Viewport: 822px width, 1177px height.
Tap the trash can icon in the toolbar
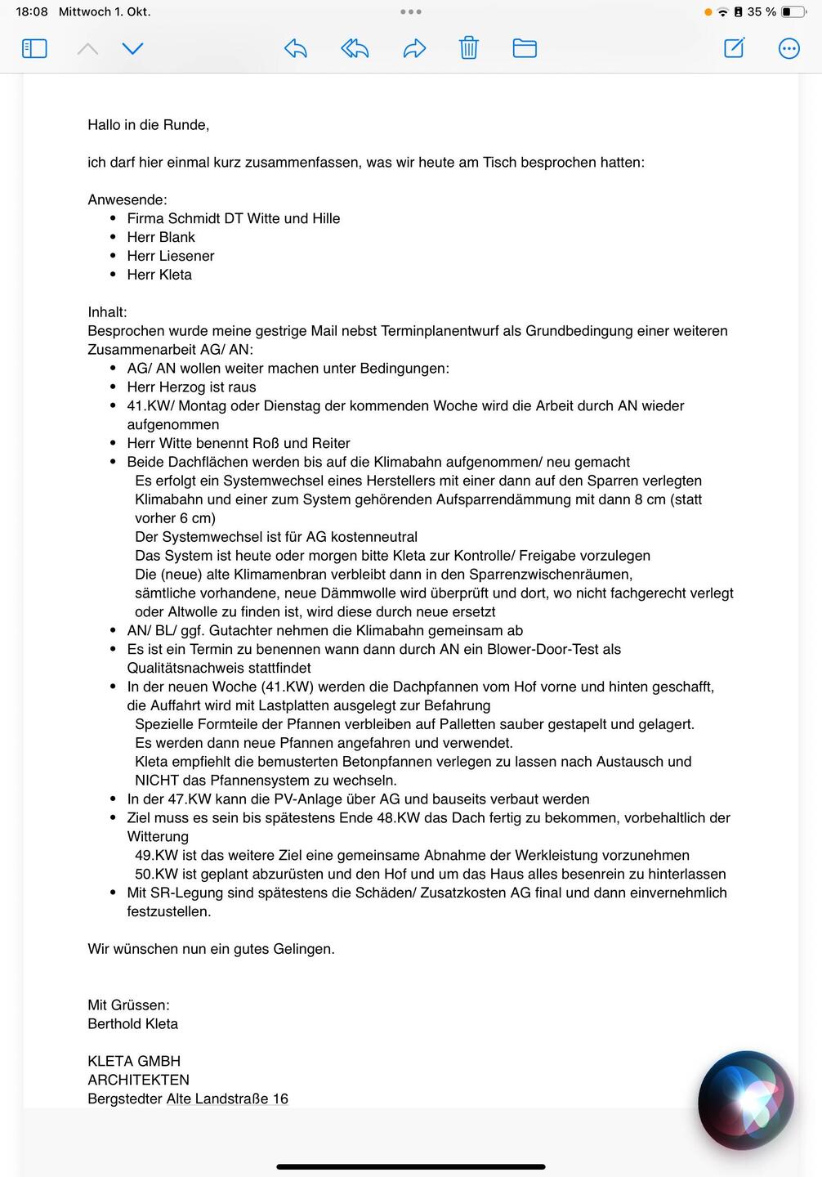pos(468,48)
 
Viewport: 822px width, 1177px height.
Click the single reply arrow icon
pos(296,48)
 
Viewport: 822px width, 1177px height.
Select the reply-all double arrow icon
pos(355,48)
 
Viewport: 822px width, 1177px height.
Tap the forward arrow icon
pos(415,48)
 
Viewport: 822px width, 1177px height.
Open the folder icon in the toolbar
pos(525,48)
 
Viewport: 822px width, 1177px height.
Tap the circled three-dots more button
pos(788,48)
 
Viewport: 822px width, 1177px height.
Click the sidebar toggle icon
pos(34,48)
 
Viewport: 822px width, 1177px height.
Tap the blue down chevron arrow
pos(132,48)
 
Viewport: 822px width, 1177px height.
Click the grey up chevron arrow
pos(87,49)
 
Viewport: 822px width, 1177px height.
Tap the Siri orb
pos(745,1099)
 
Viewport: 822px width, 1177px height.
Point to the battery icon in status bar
pos(792,12)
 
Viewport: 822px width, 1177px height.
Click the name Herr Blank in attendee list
pos(161,237)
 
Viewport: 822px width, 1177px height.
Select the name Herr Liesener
pos(170,256)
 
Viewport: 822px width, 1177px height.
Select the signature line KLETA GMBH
pos(134,1061)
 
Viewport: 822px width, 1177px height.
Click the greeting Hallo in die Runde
pos(148,125)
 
